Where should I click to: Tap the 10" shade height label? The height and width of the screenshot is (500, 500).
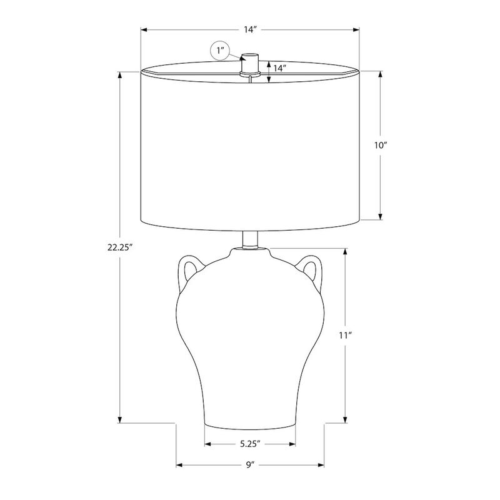click(381, 146)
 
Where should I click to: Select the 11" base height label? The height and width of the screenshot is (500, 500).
click(345, 336)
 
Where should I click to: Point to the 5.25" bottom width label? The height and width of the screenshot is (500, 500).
click(251, 444)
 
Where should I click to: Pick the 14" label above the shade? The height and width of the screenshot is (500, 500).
click(251, 29)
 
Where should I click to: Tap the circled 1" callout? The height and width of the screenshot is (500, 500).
click(220, 51)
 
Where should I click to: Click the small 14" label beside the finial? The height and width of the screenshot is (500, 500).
click(279, 69)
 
